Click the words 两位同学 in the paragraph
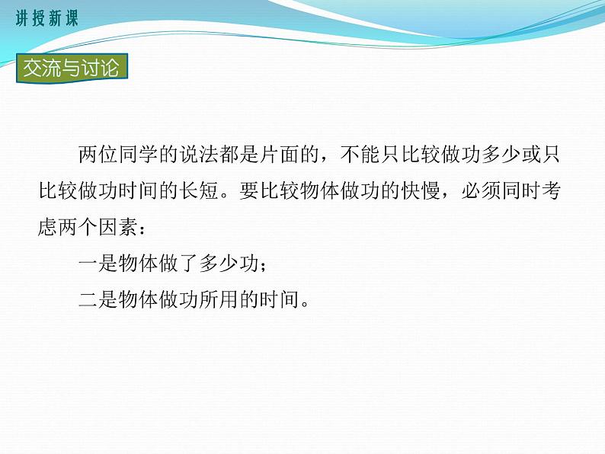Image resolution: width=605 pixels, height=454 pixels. pos(118,156)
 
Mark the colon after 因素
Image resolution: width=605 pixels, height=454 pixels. pos(146,228)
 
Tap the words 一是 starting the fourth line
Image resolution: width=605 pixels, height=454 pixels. pos(98,263)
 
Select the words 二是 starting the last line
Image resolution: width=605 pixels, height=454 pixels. pos(98,299)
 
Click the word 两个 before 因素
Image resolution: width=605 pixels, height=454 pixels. pos(78,226)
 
